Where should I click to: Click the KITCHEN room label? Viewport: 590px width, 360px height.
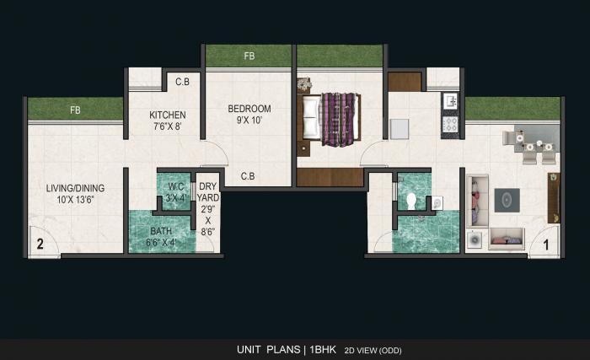click(168, 115)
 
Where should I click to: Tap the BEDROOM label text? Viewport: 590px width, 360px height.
click(249, 109)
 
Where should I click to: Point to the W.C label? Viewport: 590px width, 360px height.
click(176, 187)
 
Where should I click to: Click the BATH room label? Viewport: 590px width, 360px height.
click(161, 230)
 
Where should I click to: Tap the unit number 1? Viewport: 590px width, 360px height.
click(546, 245)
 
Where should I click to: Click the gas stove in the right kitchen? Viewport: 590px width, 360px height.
click(451, 125)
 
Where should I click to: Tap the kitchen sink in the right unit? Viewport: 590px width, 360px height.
click(450, 101)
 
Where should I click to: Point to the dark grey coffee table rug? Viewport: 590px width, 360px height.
click(507, 200)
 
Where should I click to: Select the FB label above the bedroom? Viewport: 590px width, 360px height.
click(249, 56)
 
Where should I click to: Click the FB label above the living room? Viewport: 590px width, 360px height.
click(75, 110)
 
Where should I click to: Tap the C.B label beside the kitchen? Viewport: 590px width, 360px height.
click(182, 82)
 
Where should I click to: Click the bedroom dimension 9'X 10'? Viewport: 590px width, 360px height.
click(249, 121)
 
